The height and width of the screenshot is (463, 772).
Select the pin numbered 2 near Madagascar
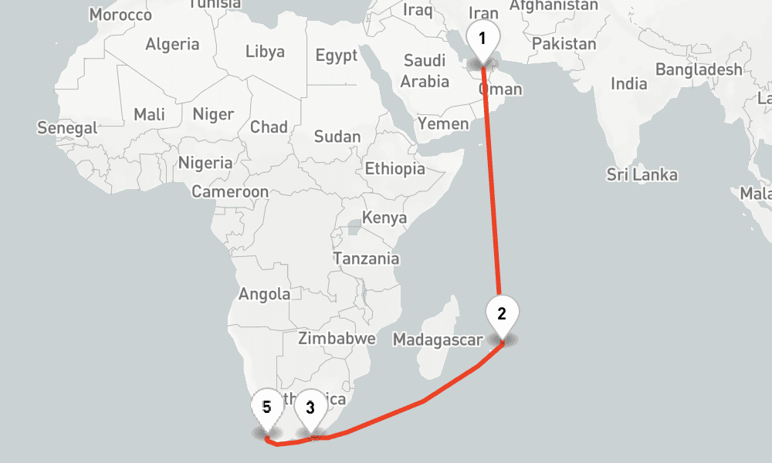pos(502,315)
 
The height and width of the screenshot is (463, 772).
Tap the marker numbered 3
pos(310,408)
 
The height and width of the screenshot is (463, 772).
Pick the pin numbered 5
pos(266,407)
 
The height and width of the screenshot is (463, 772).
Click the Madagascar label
pos(438,340)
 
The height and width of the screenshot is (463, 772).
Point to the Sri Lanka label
pos(642,175)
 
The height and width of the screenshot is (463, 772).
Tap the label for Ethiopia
pos(394,168)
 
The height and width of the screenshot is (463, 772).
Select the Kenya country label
pos(384,218)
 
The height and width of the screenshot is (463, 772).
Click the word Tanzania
pos(366,259)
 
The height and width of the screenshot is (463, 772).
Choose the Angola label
pos(265,294)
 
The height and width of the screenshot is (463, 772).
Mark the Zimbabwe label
pos(337,338)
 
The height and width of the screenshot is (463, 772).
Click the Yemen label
pos(443,123)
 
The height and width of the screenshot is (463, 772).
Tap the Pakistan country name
pos(564,44)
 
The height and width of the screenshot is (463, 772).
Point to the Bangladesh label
pos(699,69)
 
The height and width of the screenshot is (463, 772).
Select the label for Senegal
pos(67,128)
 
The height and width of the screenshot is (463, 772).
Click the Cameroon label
pos(230,191)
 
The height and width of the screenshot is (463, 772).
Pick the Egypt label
pos(337,56)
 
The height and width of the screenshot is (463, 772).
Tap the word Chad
pos(269,127)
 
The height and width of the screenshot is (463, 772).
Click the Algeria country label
pos(172,44)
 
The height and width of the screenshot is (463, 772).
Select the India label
pos(628,83)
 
